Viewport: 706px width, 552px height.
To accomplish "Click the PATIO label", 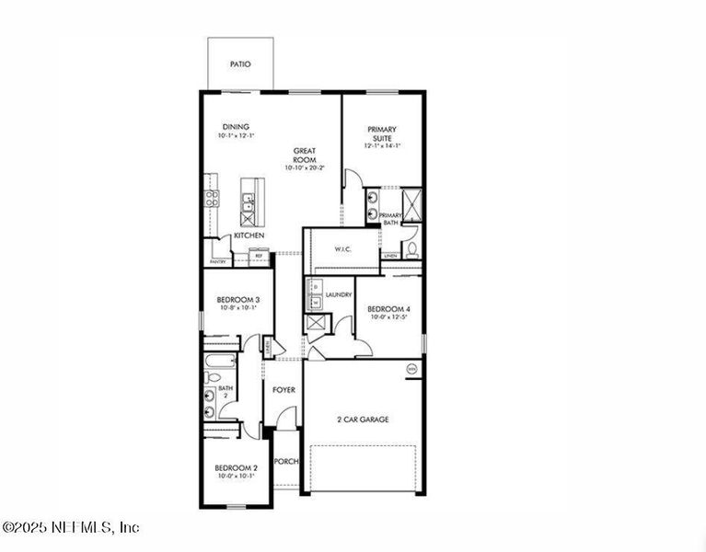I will [x=239, y=64].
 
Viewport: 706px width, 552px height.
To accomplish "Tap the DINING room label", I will [x=236, y=127].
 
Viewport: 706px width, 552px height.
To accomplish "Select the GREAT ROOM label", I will [x=305, y=155].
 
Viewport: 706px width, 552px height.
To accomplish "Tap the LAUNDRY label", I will [x=339, y=294].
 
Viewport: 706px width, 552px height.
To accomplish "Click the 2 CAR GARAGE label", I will [x=363, y=420].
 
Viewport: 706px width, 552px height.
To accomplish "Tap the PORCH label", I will [x=286, y=461].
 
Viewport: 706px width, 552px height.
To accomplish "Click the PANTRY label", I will [x=218, y=262].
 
